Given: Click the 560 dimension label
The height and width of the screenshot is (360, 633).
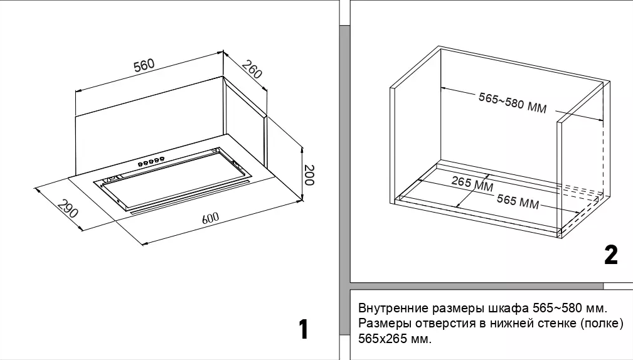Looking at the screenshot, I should coord(144,65).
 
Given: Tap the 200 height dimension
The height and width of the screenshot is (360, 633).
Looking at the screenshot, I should coord(308,175).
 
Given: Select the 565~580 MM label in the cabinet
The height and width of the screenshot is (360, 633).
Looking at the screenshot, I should coord(513,103).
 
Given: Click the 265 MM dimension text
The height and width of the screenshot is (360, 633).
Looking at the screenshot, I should coord(472,184).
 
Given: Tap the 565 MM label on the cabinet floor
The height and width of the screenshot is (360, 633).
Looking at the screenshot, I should coord(518,202).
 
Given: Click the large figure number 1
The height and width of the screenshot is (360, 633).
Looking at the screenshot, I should coord(303,329).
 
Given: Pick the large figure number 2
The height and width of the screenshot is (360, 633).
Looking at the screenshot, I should coord(610,255).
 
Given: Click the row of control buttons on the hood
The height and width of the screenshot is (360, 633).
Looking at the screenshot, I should coord(152,162).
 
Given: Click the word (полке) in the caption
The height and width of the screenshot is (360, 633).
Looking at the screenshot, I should coord(602,324).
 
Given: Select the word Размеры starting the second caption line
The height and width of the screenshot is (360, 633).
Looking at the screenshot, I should coord(381,324).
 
